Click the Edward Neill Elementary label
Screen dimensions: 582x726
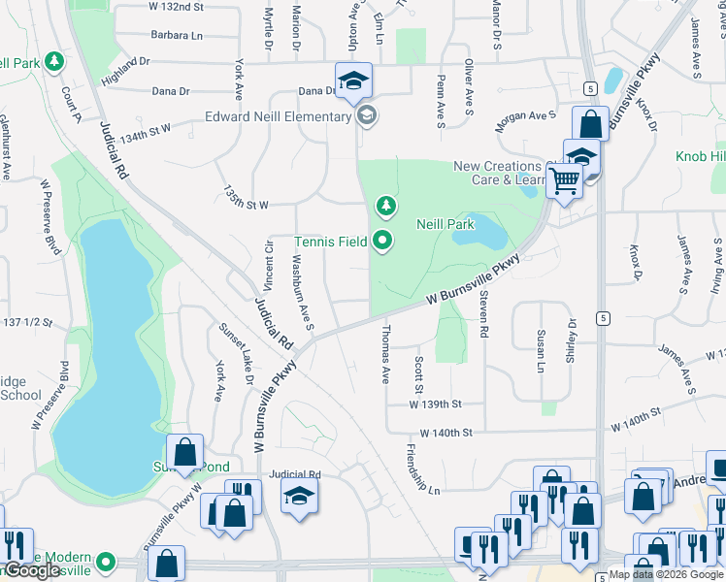pyautogui.click(x=277, y=117)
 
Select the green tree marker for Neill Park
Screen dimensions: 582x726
pyautogui.click(x=386, y=206)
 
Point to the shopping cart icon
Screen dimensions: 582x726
pyautogui.click(x=564, y=179)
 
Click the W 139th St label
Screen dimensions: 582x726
pyautogui.click(x=434, y=403)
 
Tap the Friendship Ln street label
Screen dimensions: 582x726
pyautogui.click(x=423, y=470)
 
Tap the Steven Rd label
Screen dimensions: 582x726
pyautogui.click(x=483, y=317)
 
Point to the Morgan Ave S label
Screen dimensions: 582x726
pyautogui.click(x=525, y=115)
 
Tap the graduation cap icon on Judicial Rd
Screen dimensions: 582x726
pyautogui.click(x=300, y=497)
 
